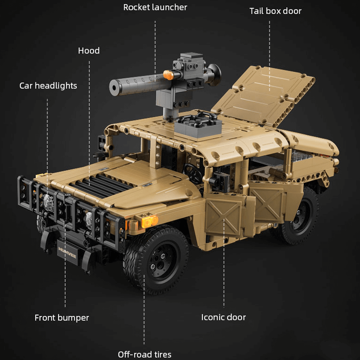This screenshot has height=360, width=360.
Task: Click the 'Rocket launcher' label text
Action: [x=155, y=7]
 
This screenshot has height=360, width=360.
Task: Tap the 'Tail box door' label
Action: [x=275, y=11]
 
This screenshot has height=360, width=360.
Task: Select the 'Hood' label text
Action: [x=89, y=50]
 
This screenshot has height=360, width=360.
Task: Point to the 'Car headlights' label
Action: [x=48, y=85]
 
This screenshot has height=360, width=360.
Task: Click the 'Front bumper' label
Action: [x=62, y=318]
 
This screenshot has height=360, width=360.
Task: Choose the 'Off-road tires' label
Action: [x=144, y=355]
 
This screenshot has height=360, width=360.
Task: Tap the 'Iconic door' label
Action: [x=223, y=317]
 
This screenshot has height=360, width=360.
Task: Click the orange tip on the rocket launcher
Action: [x=168, y=75]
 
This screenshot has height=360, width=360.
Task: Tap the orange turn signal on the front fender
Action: [x=150, y=220]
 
